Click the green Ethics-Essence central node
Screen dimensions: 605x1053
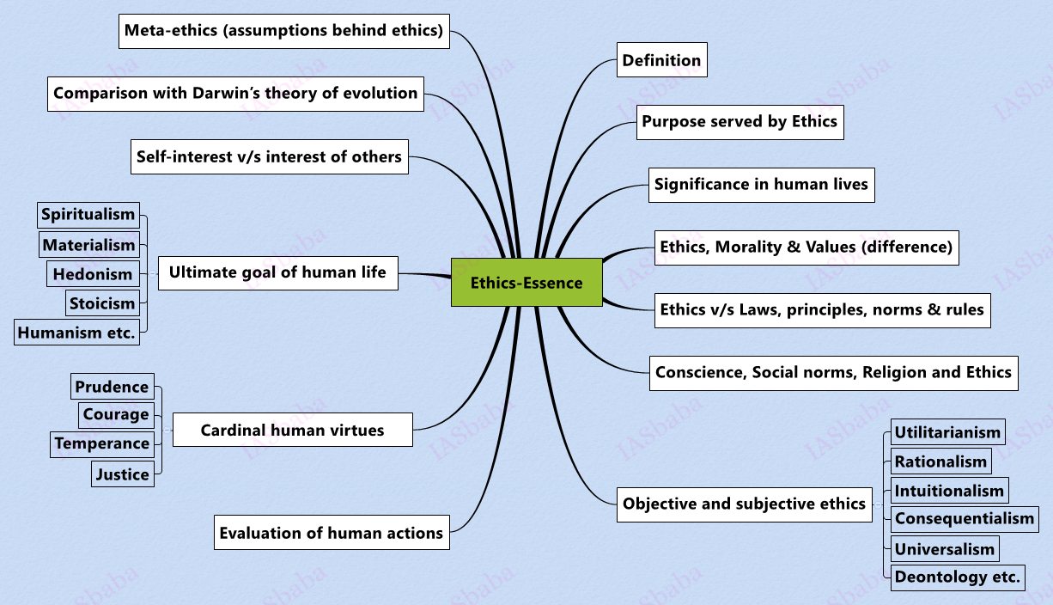[x=526, y=283]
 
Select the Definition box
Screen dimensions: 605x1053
[x=661, y=60]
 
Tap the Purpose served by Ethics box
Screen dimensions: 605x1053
[x=739, y=122]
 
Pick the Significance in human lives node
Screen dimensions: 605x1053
[x=761, y=184]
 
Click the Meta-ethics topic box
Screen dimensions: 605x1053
[x=283, y=31]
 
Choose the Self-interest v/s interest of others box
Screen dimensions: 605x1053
[x=269, y=156]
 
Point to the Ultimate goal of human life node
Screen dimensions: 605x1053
[x=277, y=273]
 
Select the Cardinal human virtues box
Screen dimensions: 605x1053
[x=292, y=430]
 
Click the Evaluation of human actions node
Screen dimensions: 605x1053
[x=331, y=533]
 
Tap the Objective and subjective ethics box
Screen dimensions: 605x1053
[x=744, y=504]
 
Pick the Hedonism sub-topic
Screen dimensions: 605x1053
[x=93, y=274]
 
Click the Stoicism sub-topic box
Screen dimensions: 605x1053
[x=102, y=302]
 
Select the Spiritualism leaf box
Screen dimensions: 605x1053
[x=88, y=215]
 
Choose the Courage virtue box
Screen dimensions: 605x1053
[x=116, y=414]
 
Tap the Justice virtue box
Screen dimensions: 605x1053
[x=123, y=474]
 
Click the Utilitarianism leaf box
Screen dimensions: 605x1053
[x=947, y=432]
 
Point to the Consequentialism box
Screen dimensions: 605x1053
[x=964, y=518]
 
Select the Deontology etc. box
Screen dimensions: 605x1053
[x=957, y=577]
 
